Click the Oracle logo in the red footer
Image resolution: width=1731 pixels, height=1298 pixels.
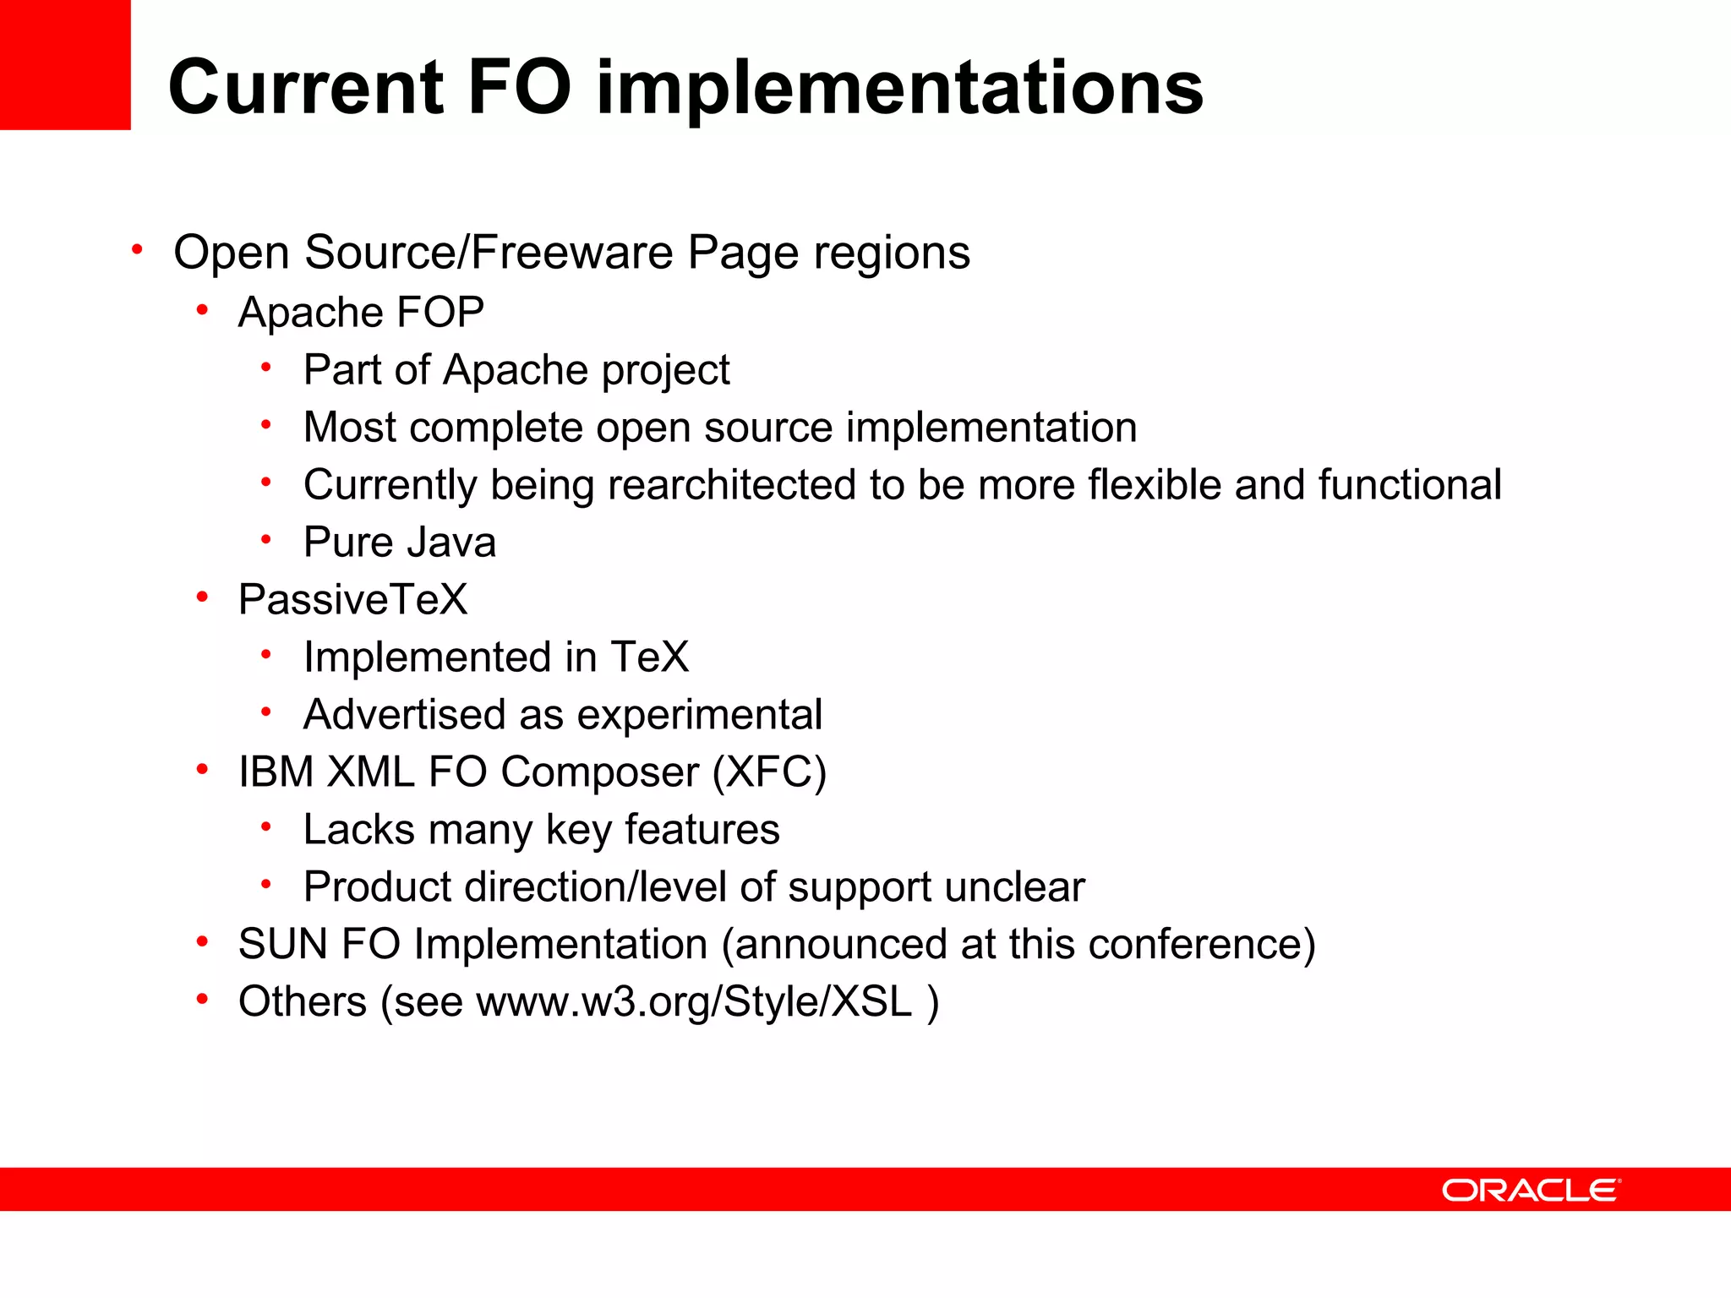[x=1531, y=1190]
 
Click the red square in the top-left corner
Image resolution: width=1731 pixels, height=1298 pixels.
[x=65, y=64]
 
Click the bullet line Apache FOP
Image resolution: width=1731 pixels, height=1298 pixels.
[x=361, y=313]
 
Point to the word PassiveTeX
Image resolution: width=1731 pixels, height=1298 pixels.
[x=352, y=600]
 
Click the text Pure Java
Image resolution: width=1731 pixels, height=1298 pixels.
[x=399, y=543]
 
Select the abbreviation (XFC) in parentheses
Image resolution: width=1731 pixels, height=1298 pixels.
[x=769, y=772]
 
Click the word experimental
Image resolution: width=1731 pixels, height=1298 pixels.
[x=699, y=715]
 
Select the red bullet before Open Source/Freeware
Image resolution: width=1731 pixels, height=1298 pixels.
[x=137, y=250]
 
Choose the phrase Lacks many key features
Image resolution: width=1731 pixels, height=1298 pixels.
[x=541, y=830]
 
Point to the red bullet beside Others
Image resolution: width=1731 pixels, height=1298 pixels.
[x=202, y=1001]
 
